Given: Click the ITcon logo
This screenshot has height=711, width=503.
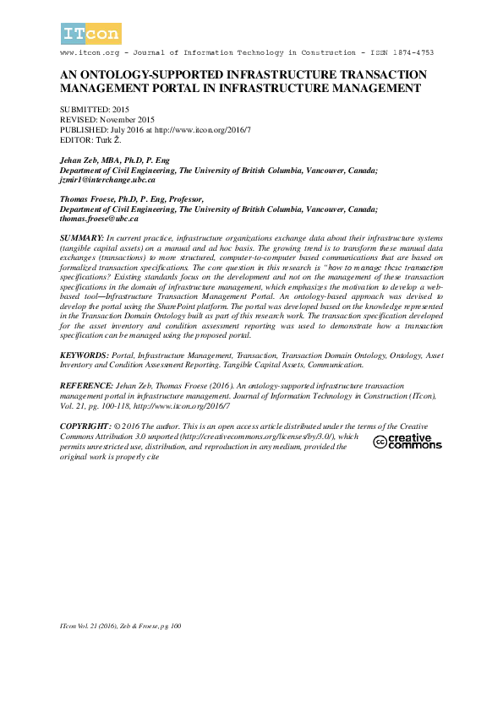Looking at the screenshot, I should (91, 34).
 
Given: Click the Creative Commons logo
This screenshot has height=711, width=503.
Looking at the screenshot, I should (407, 442).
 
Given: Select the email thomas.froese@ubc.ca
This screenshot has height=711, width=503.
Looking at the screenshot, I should (99, 218).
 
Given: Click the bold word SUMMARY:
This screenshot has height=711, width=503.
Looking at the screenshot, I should (82, 237).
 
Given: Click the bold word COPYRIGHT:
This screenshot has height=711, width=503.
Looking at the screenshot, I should (86, 427).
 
